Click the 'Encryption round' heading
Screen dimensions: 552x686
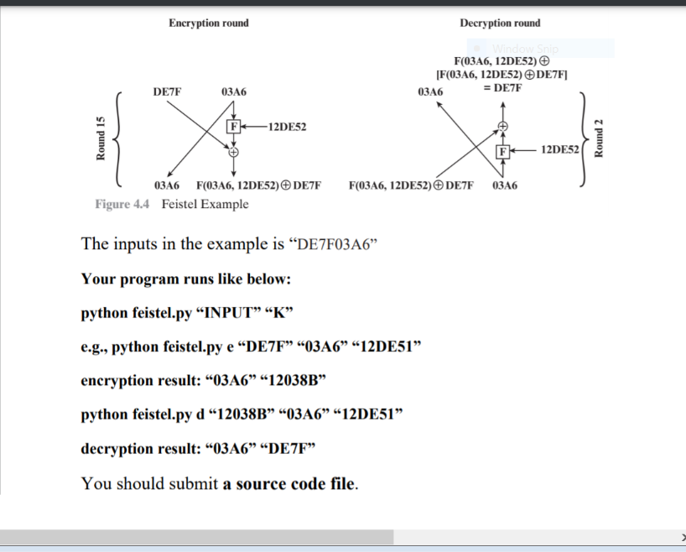point(208,23)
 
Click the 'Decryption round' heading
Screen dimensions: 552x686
point(500,23)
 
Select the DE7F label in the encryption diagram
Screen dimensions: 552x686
point(167,90)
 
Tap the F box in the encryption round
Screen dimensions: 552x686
point(235,128)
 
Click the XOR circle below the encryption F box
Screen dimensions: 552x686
point(234,153)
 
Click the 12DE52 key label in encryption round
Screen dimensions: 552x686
point(288,128)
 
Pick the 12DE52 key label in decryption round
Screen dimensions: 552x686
point(559,149)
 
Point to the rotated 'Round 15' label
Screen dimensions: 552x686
point(101,138)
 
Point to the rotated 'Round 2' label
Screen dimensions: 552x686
point(598,138)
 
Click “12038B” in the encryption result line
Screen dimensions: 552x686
point(291,380)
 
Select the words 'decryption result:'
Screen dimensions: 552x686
point(139,448)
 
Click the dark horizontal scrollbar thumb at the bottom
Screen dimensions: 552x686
point(196,537)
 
